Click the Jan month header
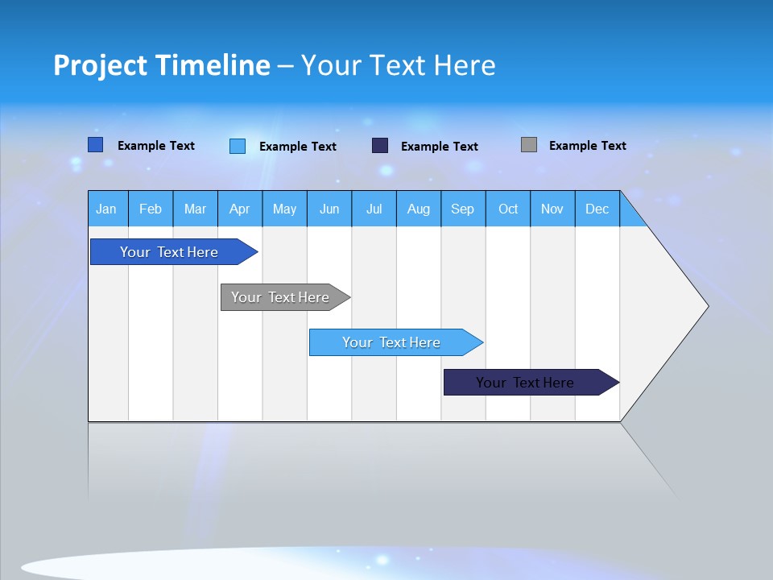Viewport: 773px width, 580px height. pyautogui.click(x=107, y=209)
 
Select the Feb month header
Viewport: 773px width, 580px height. pyautogui.click(x=151, y=209)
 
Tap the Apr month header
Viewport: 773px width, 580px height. pyautogui.click(x=240, y=209)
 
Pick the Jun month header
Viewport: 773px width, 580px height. pyautogui.click(x=329, y=209)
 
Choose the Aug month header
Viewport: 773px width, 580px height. pyautogui.click(x=419, y=209)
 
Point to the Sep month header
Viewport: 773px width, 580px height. pyautogui.click(x=463, y=209)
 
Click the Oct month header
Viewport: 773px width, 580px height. pyautogui.click(x=508, y=209)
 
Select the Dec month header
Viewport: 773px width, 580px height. pyautogui.click(x=597, y=209)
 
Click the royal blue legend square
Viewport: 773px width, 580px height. pyautogui.click(x=96, y=145)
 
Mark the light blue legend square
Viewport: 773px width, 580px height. pyautogui.click(x=238, y=146)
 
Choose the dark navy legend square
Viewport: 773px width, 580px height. pyautogui.click(x=380, y=146)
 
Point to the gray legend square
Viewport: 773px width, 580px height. pyautogui.click(x=529, y=145)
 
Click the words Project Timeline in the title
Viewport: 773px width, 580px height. pyautogui.click(x=162, y=65)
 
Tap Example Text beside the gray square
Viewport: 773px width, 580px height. pyautogui.click(x=587, y=146)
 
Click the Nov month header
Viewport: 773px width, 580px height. pyautogui.click(x=552, y=209)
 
